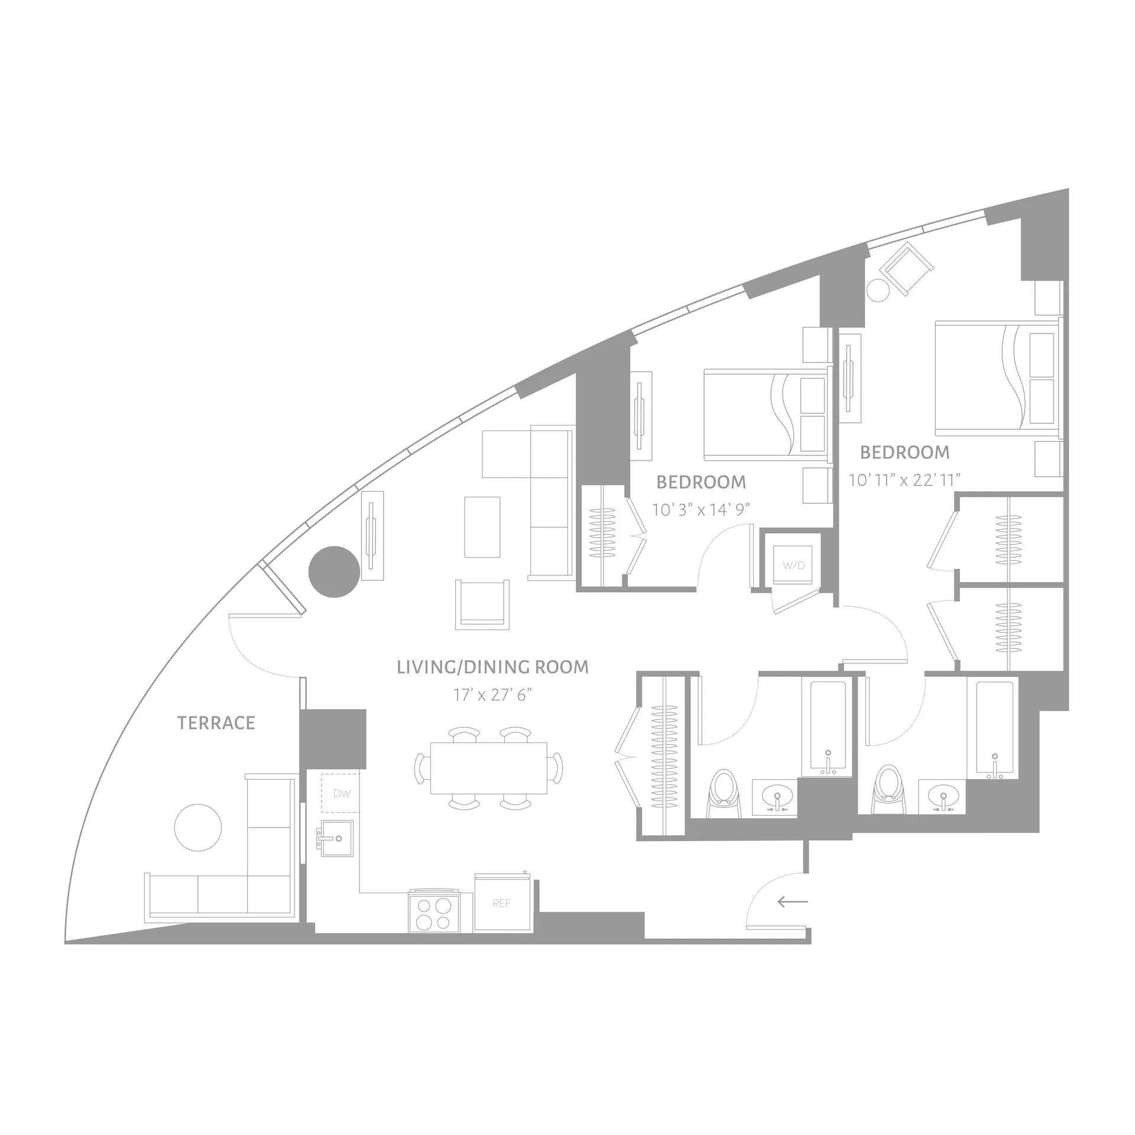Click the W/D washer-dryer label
(793, 565)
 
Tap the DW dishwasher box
(341, 793)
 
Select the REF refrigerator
(501, 903)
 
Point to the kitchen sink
(337, 838)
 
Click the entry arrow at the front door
(792, 901)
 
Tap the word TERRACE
(216, 722)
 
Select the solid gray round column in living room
(334, 571)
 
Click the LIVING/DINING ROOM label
(492, 667)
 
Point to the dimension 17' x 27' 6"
(492, 695)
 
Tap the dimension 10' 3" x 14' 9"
(701, 510)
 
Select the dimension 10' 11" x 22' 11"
(904, 480)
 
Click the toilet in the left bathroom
(722, 792)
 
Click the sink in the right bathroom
(942, 796)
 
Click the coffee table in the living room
(482, 527)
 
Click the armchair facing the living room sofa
(482, 604)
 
